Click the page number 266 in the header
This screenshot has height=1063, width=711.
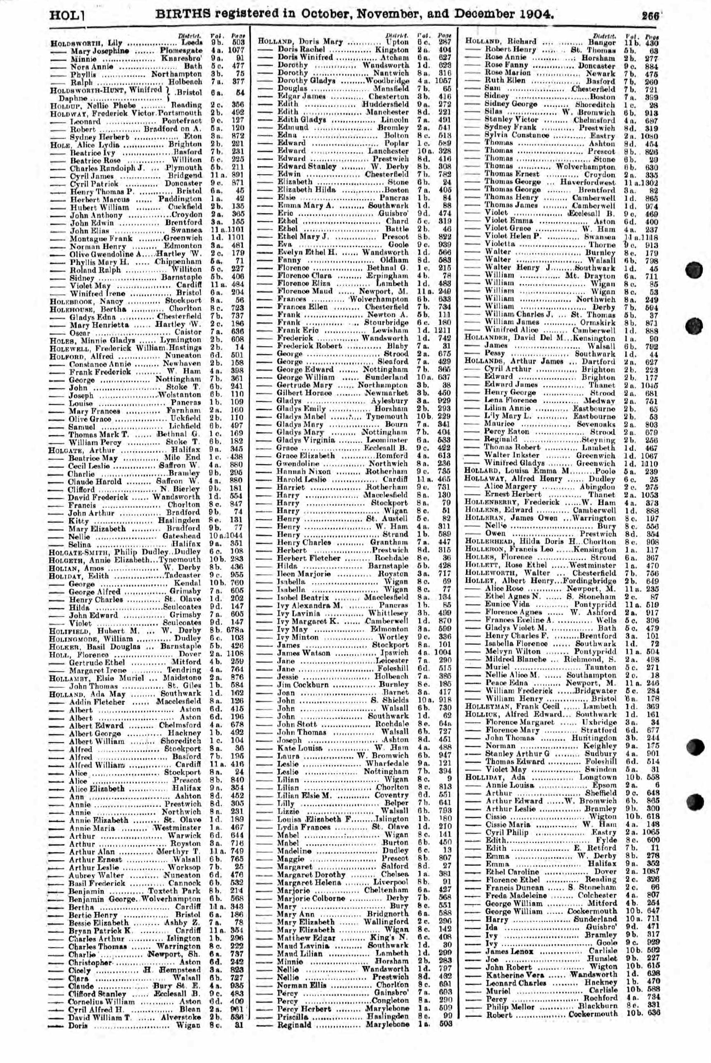tap(650, 15)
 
